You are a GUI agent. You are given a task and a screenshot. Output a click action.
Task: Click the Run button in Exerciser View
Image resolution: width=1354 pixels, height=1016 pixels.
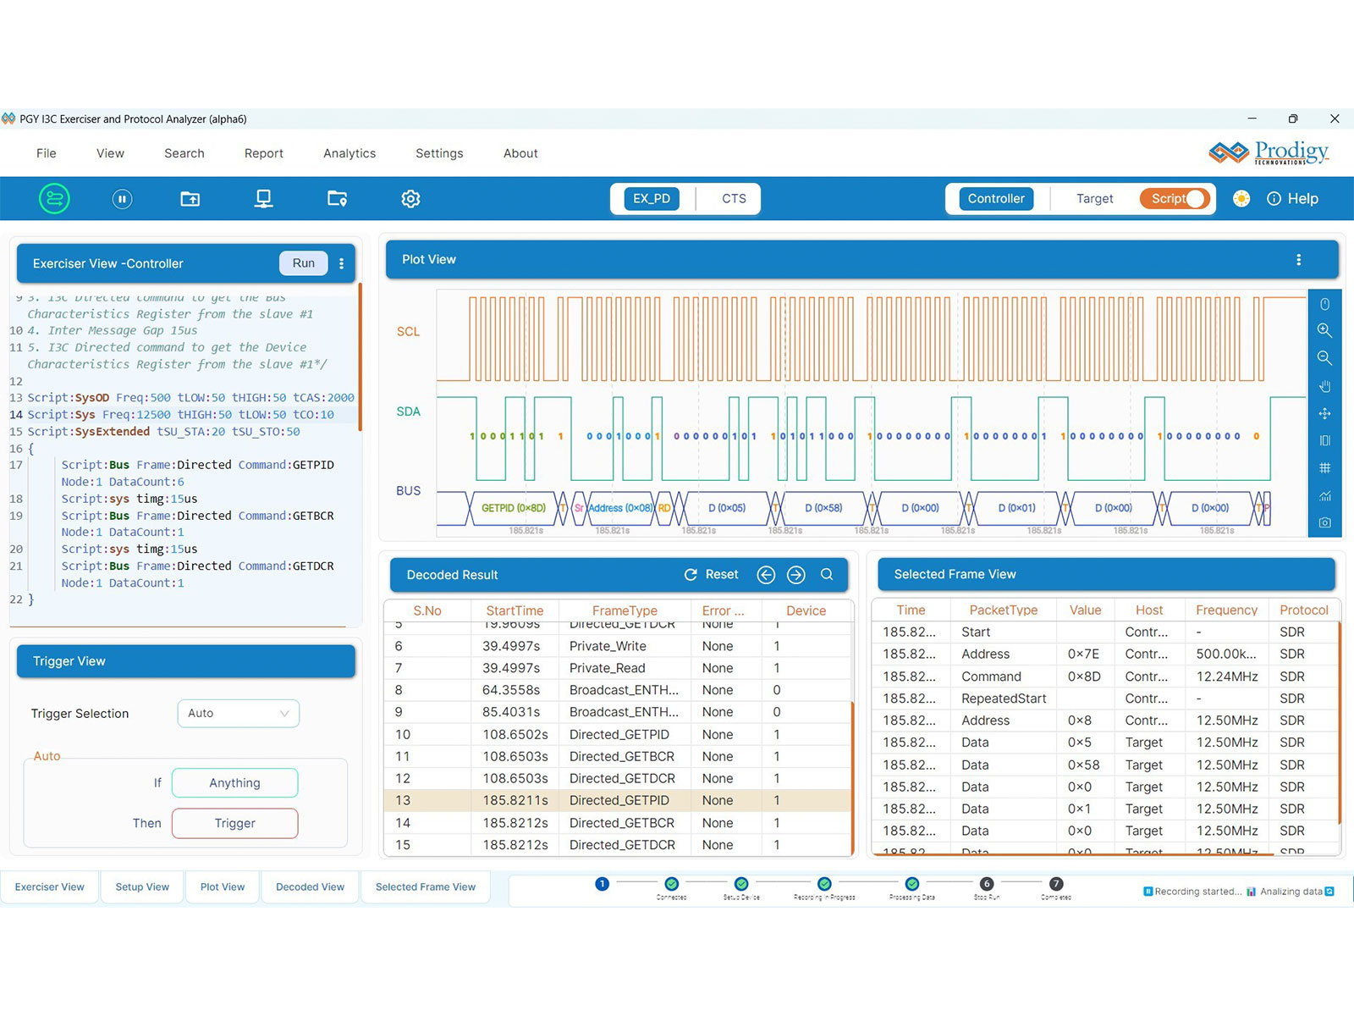tap(303, 263)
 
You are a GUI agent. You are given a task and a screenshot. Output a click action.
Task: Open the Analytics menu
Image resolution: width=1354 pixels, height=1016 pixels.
tap(349, 153)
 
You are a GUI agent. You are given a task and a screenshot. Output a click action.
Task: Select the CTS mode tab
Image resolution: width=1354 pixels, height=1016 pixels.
tap(734, 199)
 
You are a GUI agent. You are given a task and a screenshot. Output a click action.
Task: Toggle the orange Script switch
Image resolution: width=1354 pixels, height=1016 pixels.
tap(1175, 199)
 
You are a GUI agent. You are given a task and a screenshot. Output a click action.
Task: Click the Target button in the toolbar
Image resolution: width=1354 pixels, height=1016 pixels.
tap(1094, 199)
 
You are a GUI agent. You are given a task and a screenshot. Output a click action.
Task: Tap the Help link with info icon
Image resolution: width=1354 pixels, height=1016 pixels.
tap(1292, 199)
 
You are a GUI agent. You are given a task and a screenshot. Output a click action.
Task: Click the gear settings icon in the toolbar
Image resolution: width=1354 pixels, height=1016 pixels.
tap(410, 199)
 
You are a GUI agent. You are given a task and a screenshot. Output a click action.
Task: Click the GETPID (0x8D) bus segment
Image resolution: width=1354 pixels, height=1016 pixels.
tap(513, 508)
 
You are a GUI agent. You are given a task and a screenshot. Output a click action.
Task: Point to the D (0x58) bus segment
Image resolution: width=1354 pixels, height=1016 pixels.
tap(823, 508)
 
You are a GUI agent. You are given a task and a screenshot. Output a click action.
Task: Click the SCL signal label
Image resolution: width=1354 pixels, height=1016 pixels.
tap(408, 332)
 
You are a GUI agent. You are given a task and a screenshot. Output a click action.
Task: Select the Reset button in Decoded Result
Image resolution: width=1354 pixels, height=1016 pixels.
tap(711, 575)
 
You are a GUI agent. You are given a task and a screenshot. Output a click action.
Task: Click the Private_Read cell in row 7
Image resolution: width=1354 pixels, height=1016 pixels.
tap(607, 668)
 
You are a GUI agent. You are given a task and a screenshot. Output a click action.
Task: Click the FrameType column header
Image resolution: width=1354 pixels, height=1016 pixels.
tap(624, 610)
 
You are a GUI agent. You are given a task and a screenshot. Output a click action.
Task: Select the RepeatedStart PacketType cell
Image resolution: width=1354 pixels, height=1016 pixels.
tap(1003, 698)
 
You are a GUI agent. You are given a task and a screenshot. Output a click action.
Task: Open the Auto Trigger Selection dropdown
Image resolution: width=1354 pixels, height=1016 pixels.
tap(238, 713)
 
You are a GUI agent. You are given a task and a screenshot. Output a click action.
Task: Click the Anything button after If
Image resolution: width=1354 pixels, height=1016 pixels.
tap(234, 783)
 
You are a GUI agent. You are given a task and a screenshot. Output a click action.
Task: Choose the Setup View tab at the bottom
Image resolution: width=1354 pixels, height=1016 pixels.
tap(142, 887)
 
